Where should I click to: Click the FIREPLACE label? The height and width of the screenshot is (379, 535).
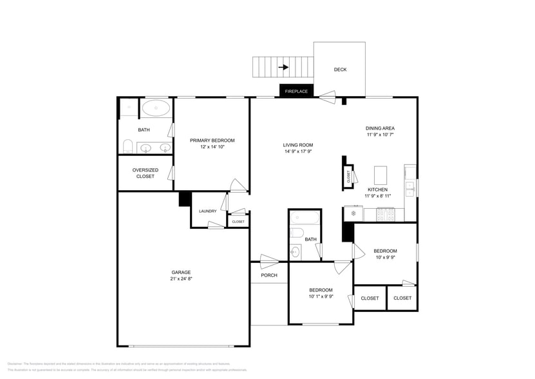click(x=296, y=92)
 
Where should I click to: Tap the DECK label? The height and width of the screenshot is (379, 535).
click(x=340, y=70)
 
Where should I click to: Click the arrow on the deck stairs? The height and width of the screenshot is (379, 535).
click(x=283, y=66)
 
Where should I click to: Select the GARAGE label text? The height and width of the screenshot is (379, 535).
click(x=181, y=272)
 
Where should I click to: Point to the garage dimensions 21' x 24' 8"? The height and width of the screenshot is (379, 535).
click(x=181, y=279)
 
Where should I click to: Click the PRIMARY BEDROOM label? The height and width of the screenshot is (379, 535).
click(x=212, y=141)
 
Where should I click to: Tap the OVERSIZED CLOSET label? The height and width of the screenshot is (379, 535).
click(x=145, y=173)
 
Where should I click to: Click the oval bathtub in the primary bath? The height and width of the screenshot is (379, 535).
click(x=156, y=108)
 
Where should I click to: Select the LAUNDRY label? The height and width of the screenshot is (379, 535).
click(x=207, y=211)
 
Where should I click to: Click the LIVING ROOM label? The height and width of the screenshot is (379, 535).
click(x=298, y=145)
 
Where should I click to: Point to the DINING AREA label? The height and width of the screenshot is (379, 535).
click(x=380, y=128)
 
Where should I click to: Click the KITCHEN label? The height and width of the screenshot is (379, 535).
click(x=377, y=189)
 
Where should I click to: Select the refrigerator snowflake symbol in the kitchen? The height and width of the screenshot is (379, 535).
click(x=353, y=213)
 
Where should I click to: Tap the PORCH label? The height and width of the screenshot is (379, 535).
click(x=269, y=275)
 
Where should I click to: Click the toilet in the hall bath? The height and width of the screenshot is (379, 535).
click(x=297, y=233)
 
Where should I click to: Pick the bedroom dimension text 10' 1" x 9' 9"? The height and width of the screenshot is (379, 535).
click(x=321, y=296)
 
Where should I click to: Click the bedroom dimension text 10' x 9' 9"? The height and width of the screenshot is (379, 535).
click(x=385, y=257)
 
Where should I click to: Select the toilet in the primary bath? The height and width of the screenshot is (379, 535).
click(x=127, y=146)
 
